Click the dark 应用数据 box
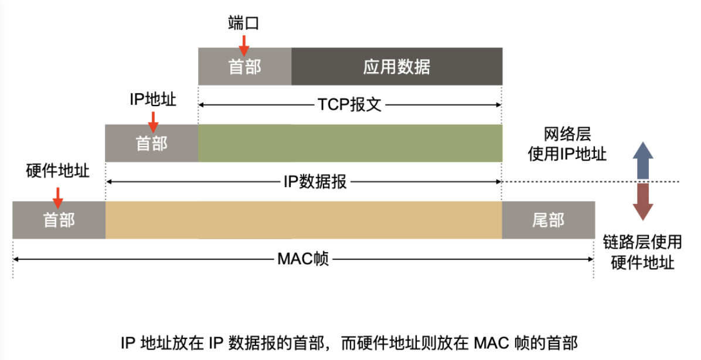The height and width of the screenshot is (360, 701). tap(396, 66)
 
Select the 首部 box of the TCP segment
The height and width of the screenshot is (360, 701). tap(244, 66)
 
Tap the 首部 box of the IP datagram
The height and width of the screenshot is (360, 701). tap(151, 143)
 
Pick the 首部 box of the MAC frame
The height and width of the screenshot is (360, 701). tap(59, 220)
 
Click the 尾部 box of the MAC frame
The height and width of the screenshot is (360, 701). tap(548, 220)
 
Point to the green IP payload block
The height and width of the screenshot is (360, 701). tap(349, 143)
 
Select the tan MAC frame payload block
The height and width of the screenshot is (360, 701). tap(303, 220)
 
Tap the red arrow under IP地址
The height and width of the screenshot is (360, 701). tap(153, 120)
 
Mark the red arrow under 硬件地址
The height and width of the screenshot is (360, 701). tap(58, 196)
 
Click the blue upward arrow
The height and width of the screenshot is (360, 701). tap(643, 160)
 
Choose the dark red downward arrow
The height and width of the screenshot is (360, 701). tap(643, 201)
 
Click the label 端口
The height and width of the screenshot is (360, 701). tap(243, 23)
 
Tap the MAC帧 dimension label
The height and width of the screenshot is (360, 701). tap(303, 259)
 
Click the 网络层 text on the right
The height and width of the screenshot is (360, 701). tap(559, 134)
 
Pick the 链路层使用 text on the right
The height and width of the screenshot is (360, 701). tap(642, 241)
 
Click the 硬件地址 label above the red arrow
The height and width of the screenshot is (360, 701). tap(58, 171)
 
